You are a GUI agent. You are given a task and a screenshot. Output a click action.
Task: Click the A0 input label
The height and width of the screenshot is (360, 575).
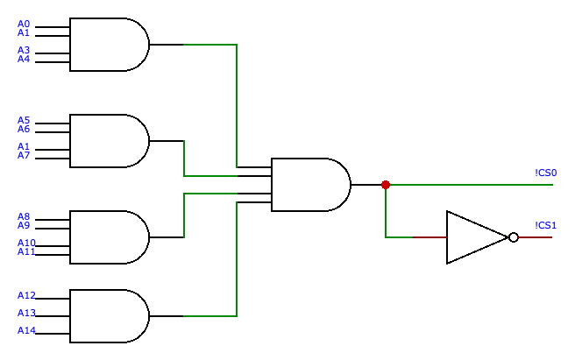click(24, 24)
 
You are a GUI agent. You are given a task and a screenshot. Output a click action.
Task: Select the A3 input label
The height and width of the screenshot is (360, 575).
click(24, 50)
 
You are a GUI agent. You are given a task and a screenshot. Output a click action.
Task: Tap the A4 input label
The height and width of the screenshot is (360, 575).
click(24, 59)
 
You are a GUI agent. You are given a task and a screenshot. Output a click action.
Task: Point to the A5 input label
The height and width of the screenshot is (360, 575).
click(24, 120)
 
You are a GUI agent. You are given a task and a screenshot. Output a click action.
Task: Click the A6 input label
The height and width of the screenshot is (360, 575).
click(24, 129)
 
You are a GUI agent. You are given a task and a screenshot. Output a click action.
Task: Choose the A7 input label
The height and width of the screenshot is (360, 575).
click(24, 155)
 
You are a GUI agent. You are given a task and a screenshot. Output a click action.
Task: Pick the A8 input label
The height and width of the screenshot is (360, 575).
click(24, 216)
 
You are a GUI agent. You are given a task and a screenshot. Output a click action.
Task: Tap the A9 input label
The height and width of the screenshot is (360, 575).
click(24, 225)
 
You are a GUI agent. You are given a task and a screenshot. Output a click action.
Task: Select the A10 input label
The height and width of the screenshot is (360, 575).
click(26, 243)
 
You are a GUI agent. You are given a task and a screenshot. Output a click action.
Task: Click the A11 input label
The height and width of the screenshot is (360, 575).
click(26, 251)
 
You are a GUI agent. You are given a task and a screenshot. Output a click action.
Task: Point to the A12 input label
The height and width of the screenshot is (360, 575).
click(26, 295)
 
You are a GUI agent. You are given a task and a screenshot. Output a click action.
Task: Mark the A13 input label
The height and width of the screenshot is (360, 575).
click(26, 313)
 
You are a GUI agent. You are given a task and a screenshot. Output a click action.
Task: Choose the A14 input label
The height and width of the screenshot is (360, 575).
click(26, 330)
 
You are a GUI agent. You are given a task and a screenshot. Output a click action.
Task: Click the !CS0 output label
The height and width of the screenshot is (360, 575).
click(546, 173)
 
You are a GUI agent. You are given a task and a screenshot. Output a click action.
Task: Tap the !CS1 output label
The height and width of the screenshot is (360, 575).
click(546, 225)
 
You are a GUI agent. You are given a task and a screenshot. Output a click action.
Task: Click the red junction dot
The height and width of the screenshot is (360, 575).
click(386, 185)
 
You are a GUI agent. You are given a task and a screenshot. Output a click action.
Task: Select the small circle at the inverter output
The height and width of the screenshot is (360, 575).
click(514, 237)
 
